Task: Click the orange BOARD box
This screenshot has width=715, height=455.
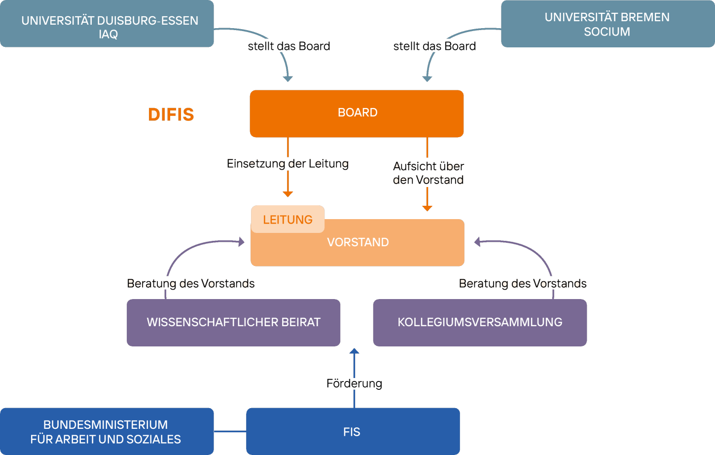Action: [x=357, y=114]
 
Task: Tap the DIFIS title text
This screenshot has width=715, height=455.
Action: [x=171, y=114]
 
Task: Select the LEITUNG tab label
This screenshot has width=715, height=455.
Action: [x=287, y=220]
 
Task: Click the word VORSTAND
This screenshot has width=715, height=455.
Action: [x=358, y=242]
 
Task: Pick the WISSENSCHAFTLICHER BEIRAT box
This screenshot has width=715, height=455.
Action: [x=233, y=322]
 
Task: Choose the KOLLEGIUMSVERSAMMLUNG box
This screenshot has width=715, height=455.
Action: [x=480, y=322]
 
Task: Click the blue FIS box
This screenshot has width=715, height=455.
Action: [x=353, y=432]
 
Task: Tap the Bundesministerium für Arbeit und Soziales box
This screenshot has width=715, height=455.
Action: [x=107, y=432]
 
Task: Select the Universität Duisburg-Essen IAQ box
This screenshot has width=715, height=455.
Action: [x=107, y=24]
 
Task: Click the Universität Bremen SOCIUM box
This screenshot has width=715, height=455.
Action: [x=608, y=24]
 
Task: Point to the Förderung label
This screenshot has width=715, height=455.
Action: [x=354, y=383]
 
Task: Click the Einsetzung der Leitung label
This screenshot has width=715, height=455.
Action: [x=287, y=163]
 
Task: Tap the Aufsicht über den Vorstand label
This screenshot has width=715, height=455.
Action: [x=428, y=173]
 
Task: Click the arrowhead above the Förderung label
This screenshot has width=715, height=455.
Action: [x=354, y=351]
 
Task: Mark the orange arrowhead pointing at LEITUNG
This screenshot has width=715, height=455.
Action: [x=288, y=194]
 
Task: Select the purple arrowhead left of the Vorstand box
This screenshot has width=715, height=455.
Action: [x=242, y=242]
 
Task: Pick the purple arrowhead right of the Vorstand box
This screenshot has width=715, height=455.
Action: [x=477, y=242]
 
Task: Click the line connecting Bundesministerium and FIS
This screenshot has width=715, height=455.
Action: [x=230, y=431]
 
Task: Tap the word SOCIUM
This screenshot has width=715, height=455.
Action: [x=607, y=32]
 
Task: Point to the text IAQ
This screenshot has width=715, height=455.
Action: [x=108, y=35]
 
